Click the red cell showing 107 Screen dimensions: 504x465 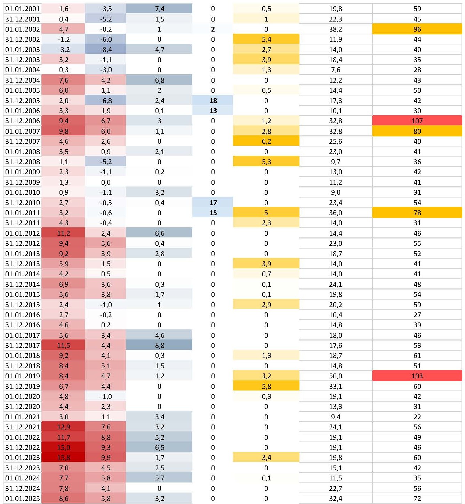click(x=417, y=121)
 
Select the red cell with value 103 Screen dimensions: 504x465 click(x=417, y=376)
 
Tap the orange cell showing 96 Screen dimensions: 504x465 click(x=417, y=29)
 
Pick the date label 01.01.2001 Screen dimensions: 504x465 click(x=23, y=9)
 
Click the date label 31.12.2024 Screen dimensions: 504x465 click(x=23, y=488)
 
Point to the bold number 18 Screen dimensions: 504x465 click(x=213, y=101)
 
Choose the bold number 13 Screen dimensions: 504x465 click(x=213, y=111)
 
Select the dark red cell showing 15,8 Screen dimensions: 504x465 click(x=63, y=457)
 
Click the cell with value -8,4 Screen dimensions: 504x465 click(x=106, y=50)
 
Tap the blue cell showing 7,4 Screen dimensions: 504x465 click(x=159, y=9)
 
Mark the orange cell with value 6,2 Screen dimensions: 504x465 click(x=266, y=141)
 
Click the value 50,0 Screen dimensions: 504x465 click(x=335, y=376)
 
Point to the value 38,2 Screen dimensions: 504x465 click(x=335, y=29)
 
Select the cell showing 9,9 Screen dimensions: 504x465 click(x=106, y=457)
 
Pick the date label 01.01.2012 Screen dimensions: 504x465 click(x=23, y=233)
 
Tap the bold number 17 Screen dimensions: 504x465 click(x=213, y=203)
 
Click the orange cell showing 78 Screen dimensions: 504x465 click(x=417, y=213)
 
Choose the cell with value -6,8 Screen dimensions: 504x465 click(x=106, y=101)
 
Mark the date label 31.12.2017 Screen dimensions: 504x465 click(x=23, y=345)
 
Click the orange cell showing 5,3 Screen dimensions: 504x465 click(x=266, y=162)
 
